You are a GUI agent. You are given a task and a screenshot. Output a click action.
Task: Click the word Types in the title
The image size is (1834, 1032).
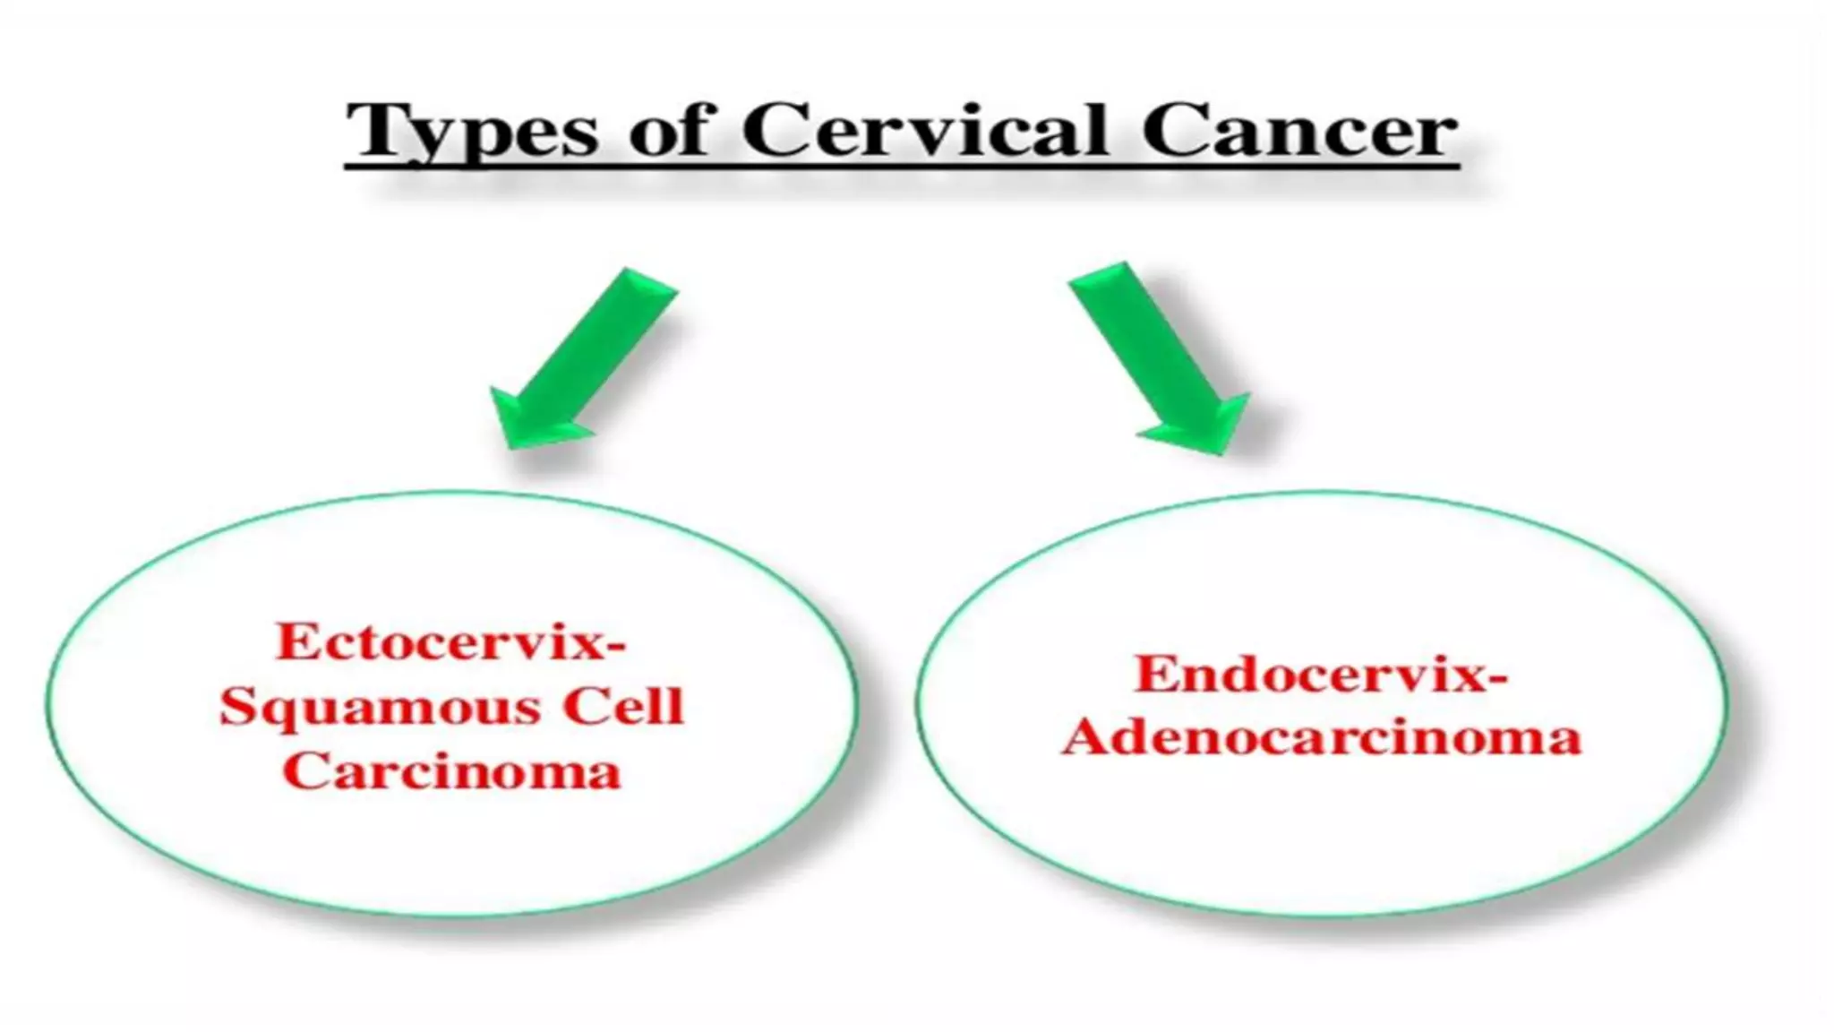click(x=472, y=132)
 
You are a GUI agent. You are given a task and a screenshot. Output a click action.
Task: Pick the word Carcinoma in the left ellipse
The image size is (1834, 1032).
click(x=451, y=771)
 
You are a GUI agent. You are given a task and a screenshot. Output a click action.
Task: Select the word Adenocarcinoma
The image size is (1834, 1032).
click(x=1322, y=738)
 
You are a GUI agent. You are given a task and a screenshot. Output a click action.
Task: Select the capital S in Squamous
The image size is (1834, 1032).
click(x=241, y=708)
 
